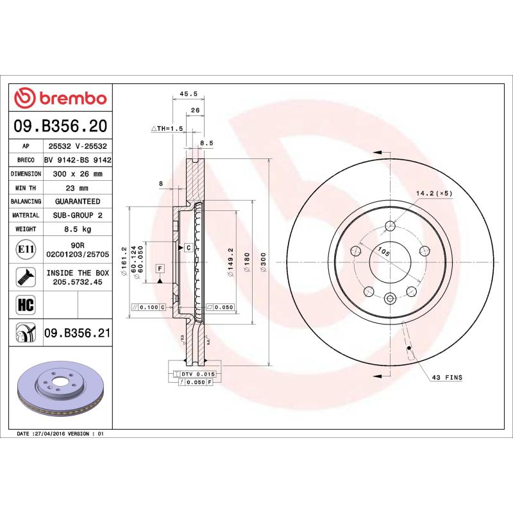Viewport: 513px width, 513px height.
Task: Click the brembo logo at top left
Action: click(60, 99)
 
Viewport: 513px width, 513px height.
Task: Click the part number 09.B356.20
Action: click(60, 126)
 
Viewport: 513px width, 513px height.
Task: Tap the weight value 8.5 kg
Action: click(78, 229)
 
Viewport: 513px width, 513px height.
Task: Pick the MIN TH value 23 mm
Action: click(78, 188)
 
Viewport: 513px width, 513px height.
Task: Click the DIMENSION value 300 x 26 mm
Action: click(78, 174)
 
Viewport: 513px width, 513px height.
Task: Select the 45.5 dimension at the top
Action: click(187, 94)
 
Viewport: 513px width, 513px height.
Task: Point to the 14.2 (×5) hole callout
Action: click(434, 193)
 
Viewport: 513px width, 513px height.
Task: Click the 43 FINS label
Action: click(447, 378)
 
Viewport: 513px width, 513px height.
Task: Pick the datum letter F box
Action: click(160, 267)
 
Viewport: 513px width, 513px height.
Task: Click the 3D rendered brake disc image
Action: click(61, 390)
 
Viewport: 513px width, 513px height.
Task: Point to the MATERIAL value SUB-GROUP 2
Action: click(78, 215)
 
